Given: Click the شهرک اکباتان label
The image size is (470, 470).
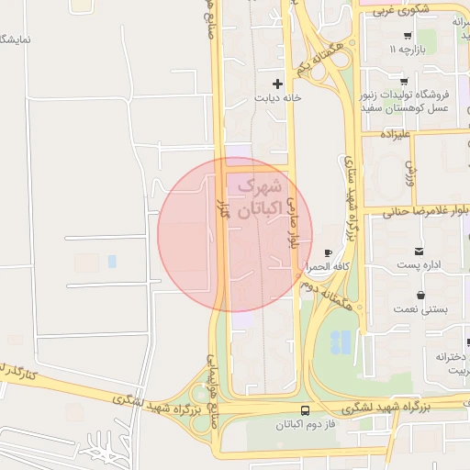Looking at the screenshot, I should coord(256,197).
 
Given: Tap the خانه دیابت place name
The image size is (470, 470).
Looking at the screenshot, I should coord(277,96).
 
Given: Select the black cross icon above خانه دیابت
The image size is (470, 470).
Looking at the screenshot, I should coord(277,84).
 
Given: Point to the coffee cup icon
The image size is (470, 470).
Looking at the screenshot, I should coord(328,252).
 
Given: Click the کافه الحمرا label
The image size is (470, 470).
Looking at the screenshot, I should coord(324,266).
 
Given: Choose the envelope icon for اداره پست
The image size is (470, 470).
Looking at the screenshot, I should coord(420,252).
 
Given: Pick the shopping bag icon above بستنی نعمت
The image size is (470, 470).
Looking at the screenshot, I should coord(420,295).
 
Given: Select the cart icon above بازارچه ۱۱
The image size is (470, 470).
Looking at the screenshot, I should coord(408,35).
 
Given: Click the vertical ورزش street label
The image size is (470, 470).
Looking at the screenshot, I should coord(410,170).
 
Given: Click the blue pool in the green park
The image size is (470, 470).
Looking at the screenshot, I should coord(340,341).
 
